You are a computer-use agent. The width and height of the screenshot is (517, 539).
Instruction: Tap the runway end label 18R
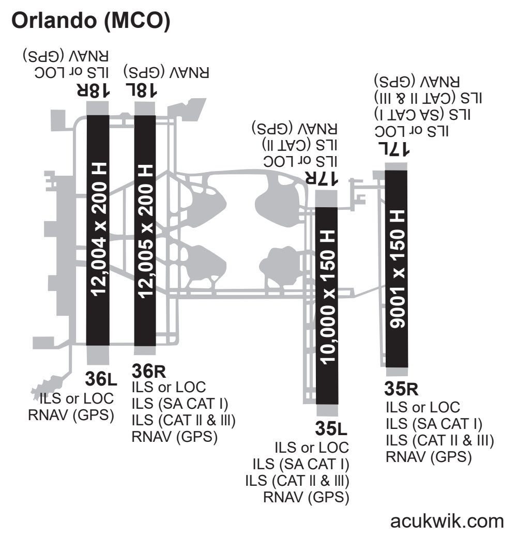93,90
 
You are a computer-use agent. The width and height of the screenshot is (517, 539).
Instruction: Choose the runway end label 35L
331,428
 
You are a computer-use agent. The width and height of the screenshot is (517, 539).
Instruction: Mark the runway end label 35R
402,388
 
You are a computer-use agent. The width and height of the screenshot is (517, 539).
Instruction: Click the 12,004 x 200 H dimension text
98,230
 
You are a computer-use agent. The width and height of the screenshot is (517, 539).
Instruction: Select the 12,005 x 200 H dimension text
145,230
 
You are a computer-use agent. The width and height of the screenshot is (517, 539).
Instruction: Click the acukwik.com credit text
447,521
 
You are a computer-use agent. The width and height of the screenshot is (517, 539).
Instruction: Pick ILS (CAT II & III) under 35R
440,440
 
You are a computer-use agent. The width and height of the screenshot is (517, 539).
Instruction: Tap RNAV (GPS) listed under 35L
306,498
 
